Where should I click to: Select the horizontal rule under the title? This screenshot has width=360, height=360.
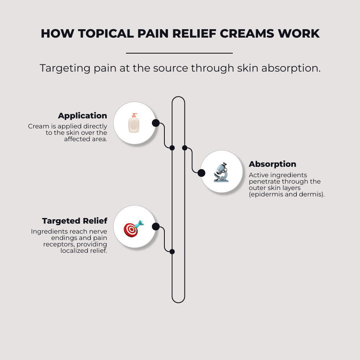click(x=179, y=53)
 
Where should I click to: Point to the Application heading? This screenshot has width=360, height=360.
click(x=82, y=116)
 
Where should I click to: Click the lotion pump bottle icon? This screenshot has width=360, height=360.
click(x=134, y=123)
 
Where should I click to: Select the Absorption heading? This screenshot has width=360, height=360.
click(x=272, y=164)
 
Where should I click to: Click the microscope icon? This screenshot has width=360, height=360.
click(x=221, y=172)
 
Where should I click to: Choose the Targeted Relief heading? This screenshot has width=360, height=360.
click(x=74, y=221)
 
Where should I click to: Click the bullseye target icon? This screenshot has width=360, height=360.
click(x=133, y=228)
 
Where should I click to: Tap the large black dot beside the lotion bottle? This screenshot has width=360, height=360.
click(x=156, y=123)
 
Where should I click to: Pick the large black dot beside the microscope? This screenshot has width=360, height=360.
click(x=201, y=173)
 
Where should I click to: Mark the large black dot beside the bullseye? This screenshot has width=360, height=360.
click(x=156, y=227)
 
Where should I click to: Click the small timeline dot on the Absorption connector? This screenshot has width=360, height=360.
click(x=185, y=148)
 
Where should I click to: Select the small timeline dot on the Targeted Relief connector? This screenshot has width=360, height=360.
click(x=172, y=252)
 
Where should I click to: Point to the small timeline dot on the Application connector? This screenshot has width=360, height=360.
click(x=172, y=148)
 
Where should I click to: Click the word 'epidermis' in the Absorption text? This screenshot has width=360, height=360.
click(x=266, y=194)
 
